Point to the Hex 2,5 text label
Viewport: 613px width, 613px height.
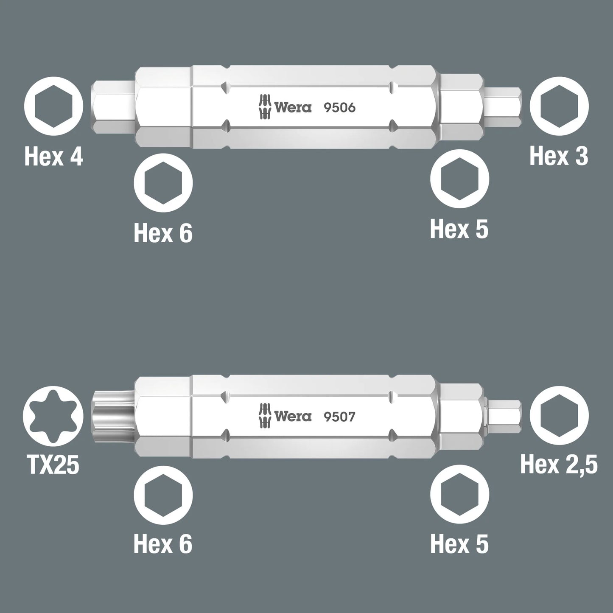559,465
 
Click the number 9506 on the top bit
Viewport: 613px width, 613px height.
339,108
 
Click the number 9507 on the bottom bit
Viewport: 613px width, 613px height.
339,417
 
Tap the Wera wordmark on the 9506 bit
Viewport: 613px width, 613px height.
293,108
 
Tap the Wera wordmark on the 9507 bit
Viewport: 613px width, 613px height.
293,417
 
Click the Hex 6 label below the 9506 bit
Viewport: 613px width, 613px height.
163,233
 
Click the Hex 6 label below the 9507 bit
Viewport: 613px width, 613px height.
163,544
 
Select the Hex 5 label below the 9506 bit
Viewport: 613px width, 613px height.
459,230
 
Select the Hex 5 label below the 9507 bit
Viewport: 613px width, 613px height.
459,544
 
